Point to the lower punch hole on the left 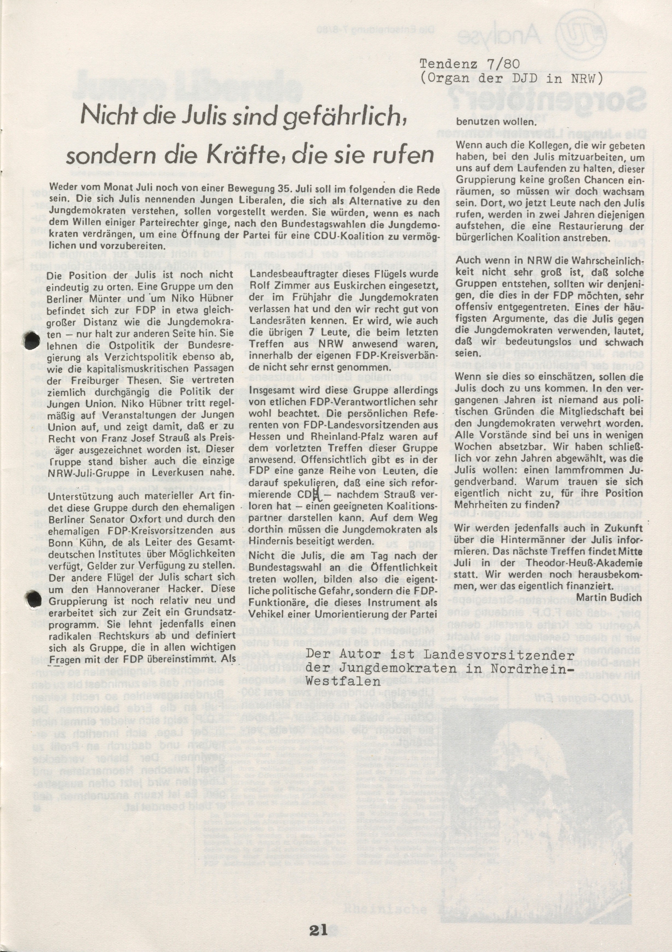pyautogui.click(x=33, y=598)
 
